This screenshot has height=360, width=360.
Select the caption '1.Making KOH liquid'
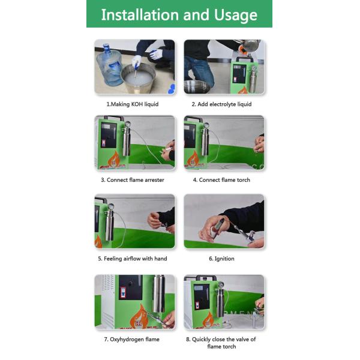133,104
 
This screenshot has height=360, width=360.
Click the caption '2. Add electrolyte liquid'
221,104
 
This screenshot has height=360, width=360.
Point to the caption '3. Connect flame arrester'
133,179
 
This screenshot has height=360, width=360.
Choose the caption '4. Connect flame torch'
221,179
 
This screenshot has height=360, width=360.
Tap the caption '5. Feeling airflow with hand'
133,259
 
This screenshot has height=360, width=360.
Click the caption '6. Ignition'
221,259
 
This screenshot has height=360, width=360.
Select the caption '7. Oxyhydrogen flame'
133,339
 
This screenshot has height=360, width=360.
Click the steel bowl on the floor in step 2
197,86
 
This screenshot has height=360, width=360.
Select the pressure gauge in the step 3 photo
127,124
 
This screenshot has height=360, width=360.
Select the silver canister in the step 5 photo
109,224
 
